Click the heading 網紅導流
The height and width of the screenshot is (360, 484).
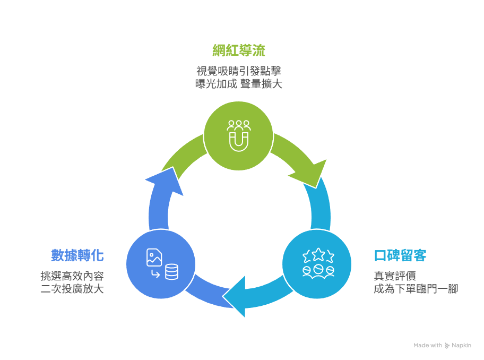238,51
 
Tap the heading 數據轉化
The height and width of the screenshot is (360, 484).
77,255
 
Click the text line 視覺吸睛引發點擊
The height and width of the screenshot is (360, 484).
238,71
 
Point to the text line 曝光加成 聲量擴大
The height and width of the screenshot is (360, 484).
238,84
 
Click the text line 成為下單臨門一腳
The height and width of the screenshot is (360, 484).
416,289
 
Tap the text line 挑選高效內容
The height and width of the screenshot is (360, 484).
72,276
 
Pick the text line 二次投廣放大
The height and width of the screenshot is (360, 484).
72,289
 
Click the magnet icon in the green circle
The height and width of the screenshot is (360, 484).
239,141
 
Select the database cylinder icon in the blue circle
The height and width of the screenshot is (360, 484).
171,272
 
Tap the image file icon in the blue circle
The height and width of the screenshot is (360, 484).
154,258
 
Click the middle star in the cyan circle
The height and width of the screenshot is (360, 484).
317,254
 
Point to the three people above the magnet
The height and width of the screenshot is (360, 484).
239,126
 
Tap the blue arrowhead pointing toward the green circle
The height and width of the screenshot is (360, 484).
162,181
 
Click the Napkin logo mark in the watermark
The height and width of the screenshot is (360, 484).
447,346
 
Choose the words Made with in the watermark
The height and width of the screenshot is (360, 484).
427,346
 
